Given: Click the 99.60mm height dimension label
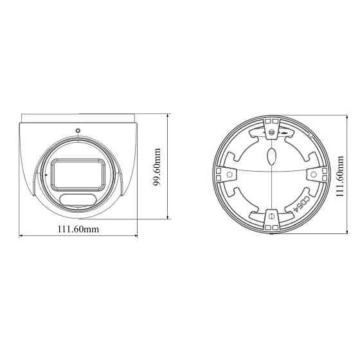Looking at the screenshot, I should [156, 168].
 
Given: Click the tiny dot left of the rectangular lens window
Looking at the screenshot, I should [46, 174].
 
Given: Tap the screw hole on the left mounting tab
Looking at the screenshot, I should [226, 173].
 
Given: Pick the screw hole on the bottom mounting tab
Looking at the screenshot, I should [271, 216].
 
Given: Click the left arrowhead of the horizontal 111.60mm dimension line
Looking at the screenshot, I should [21, 237].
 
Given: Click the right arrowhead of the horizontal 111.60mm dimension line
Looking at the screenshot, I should [135, 237].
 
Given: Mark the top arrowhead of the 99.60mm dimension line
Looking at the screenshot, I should [167, 116].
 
